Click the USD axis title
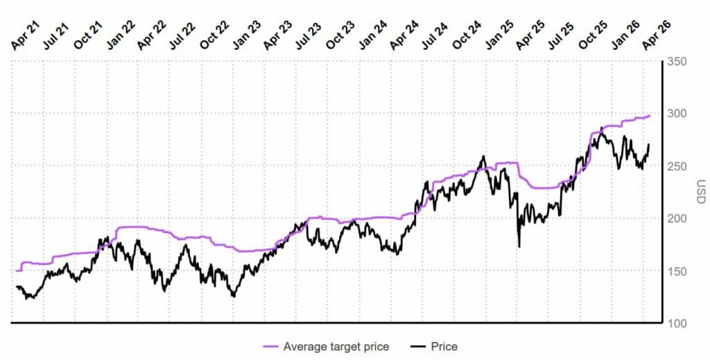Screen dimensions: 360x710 (701, 192)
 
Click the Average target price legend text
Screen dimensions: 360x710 (336, 346)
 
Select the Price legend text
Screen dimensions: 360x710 (444, 346)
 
